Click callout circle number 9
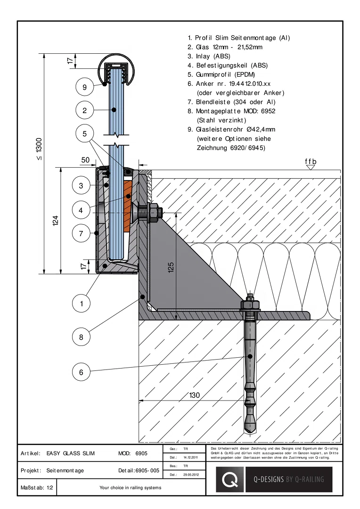coord(85,87)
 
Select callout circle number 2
coord(85,110)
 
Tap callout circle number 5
coord(85,133)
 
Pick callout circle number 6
coord(81,372)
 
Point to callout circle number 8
coord(81,337)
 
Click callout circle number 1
coord(81,304)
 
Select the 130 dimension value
coord(195,395)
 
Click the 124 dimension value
coord(56,221)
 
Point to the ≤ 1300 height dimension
coord(39,149)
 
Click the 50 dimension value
coord(85,160)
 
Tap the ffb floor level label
coord(311,161)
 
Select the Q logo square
coord(230,479)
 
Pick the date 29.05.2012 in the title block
coord(190,475)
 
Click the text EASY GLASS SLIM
coord(70,453)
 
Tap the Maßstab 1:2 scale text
coord(37,488)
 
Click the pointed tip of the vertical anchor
coord(250,432)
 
